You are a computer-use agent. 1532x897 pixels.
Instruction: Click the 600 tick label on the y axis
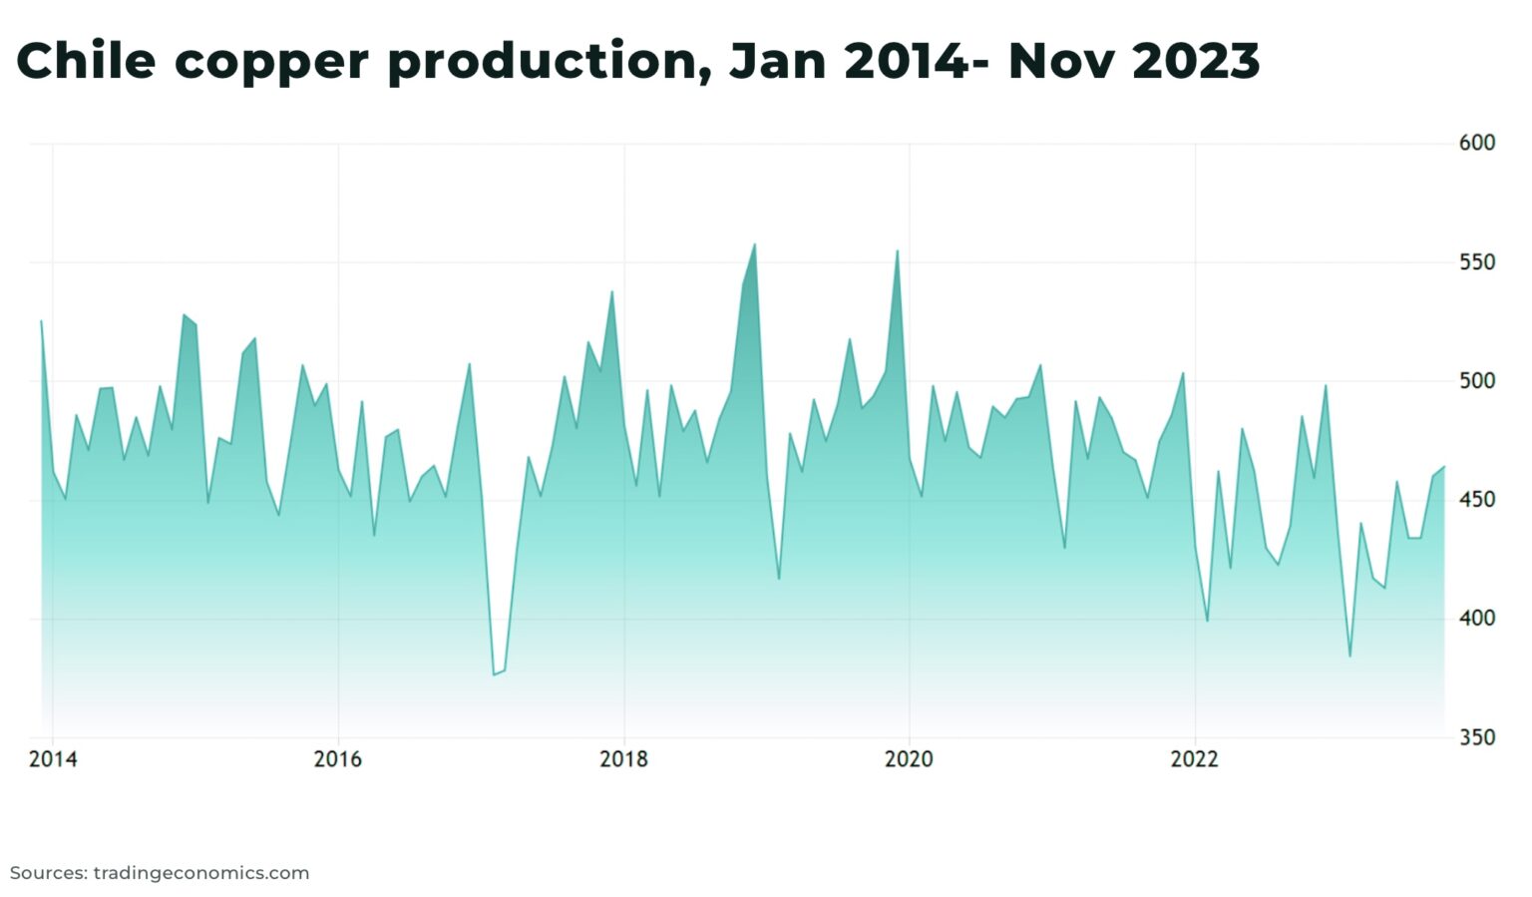(x=1476, y=143)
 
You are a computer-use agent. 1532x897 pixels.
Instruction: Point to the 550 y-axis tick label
(x=1476, y=262)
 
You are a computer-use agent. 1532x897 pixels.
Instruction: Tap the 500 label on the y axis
(x=1476, y=381)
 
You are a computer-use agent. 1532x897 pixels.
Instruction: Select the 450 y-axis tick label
(x=1476, y=500)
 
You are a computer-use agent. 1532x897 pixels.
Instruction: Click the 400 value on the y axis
(x=1476, y=619)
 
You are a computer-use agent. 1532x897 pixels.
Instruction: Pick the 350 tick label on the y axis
(x=1476, y=737)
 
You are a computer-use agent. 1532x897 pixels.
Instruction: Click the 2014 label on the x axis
(x=53, y=759)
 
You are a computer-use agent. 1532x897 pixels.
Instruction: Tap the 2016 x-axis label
(x=338, y=759)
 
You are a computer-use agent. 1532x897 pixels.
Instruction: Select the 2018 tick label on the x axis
(x=623, y=759)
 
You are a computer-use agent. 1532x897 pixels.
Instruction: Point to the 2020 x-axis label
(x=909, y=759)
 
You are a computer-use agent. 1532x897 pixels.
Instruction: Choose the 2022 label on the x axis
(x=1194, y=759)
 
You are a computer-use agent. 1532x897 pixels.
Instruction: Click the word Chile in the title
(x=86, y=61)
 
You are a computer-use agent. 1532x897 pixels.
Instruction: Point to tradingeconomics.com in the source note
(x=200, y=873)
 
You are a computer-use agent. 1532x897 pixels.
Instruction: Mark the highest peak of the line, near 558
(x=754, y=244)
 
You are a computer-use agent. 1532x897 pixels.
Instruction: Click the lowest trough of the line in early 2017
(x=493, y=674)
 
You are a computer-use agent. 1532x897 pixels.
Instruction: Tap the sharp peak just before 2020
(x=897, y=251)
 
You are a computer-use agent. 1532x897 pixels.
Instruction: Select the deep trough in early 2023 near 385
(x=1349, y=656)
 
